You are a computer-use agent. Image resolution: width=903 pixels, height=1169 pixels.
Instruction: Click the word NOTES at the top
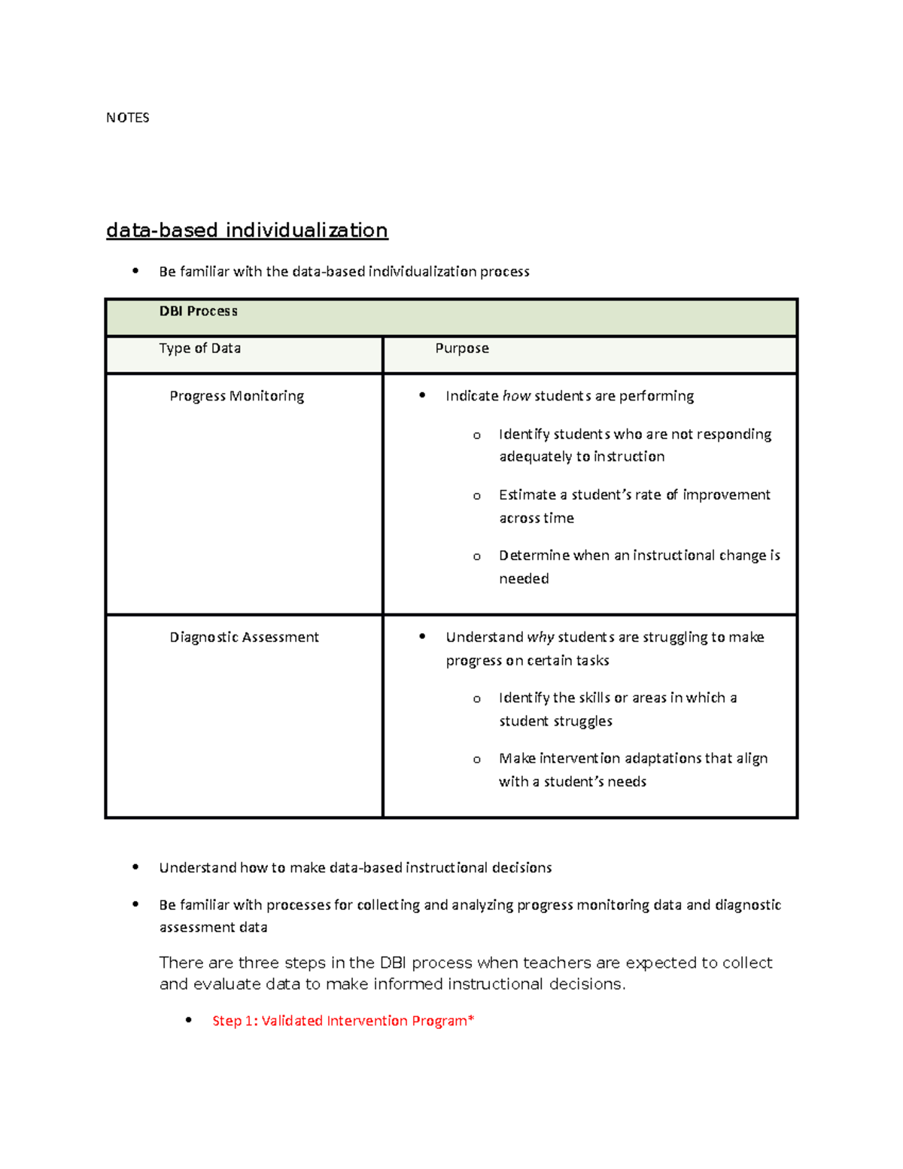point(127,117)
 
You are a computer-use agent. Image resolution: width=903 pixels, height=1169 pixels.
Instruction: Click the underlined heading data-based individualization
point(247,230)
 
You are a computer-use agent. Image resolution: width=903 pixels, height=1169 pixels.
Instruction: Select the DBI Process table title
point(198,311)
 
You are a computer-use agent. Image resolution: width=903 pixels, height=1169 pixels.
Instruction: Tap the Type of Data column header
point(199,348)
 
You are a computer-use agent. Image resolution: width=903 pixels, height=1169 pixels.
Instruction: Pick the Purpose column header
point(462,348)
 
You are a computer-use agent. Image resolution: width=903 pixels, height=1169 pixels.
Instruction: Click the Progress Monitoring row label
point(236,396)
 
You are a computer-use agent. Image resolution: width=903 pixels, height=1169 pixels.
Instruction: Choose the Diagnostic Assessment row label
point(244,637)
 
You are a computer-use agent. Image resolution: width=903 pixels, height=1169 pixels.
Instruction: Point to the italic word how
point(516,396)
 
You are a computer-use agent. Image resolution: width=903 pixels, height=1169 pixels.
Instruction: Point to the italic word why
point(540,637)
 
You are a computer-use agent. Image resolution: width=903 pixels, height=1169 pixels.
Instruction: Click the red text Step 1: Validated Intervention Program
point(342,1021)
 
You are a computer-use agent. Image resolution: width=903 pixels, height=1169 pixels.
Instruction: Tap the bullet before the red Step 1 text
point(189,1020)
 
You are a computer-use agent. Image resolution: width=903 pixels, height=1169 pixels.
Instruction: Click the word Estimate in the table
point(527,495)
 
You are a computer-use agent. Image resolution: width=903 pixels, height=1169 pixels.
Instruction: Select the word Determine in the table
point(534,556)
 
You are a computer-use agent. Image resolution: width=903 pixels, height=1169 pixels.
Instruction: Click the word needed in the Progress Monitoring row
point(524,579)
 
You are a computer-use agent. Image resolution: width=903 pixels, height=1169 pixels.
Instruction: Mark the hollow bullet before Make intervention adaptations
point(476,760)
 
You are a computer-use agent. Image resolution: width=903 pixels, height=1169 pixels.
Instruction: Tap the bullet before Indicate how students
point(422,395)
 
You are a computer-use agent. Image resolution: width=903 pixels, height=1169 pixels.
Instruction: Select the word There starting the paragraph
point(181,963)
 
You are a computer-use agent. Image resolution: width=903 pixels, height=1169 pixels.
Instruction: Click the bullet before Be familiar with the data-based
point(135,271)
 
